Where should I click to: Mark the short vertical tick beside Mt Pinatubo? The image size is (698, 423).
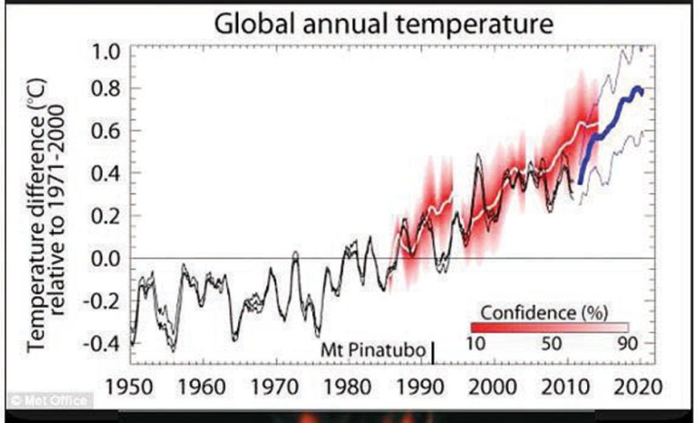point(433,352)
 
